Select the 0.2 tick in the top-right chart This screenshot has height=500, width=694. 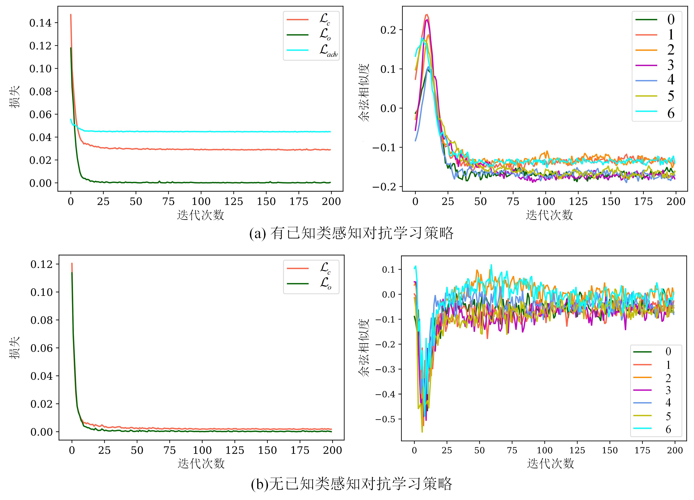click(388, 30)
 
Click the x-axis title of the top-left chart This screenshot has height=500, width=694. click(201, 215)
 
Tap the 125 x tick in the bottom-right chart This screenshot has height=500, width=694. click(577, 451)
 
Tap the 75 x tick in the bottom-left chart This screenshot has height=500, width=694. click(170, 451)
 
